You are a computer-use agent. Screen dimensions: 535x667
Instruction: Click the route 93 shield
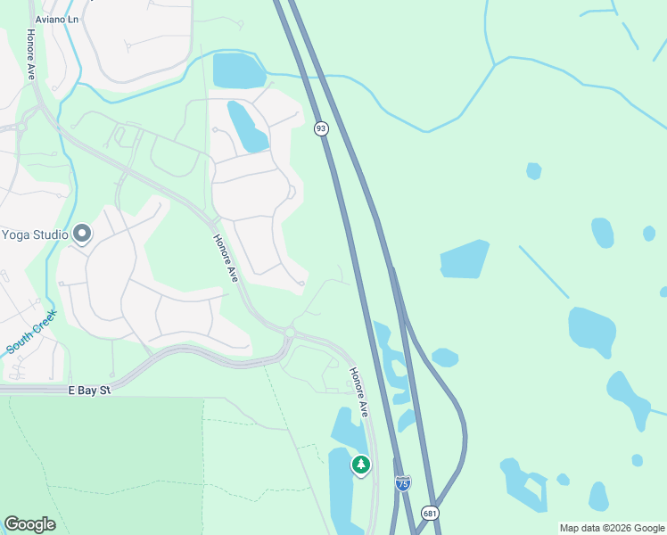[x=321, y=129]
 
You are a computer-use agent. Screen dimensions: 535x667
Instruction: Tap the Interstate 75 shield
[x=403, y=482]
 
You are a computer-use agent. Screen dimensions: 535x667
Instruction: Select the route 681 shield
[x=431, y=514]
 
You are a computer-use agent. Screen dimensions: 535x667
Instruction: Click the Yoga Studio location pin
[x=82, y=235]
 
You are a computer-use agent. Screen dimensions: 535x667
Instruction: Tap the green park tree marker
[x=360, y=465]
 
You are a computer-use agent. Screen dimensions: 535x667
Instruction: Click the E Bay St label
[x=89, y=391]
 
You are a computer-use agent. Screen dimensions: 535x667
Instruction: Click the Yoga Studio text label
[x=34, y=235]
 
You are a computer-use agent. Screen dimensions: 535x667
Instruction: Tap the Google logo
[x=29, y=524]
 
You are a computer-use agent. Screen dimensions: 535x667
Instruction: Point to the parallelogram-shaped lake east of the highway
[x=465, y=259]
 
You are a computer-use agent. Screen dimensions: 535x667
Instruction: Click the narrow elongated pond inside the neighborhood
[x=247, y=127]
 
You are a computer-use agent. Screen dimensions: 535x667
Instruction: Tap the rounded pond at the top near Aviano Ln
[x=239, y=70]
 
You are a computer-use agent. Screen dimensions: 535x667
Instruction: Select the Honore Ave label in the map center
[x=226, y=259]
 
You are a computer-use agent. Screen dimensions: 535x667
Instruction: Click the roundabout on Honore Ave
[x=289, y=332]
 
